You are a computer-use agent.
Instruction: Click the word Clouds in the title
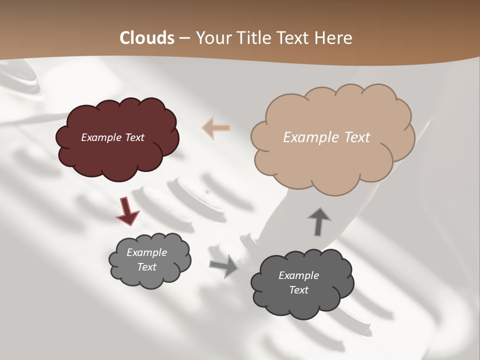[147, 38]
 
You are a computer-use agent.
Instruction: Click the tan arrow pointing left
[216, 128]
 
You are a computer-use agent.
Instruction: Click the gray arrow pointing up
[318, 221]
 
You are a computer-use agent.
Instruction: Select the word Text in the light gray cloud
[146, 267]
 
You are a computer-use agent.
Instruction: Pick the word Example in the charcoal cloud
[298, 275]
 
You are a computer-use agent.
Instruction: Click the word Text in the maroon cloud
[134, 137]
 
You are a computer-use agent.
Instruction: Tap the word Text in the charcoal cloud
[298, 290]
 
